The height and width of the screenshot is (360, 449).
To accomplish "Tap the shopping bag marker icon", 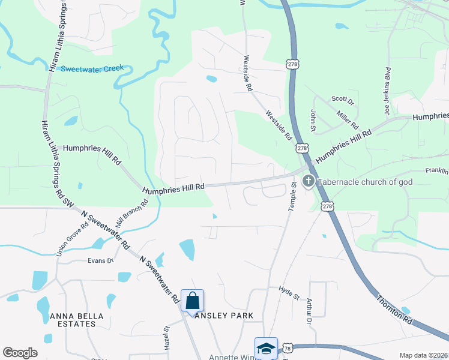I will [x=193, y=300].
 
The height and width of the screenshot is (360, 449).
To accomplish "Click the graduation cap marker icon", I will [x=266, y=348].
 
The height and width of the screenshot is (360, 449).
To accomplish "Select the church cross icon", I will [x=308, y=181].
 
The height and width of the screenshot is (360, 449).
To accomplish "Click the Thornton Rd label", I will [x=394, y=310].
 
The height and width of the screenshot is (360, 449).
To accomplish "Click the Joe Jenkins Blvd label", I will [x=387, y=91].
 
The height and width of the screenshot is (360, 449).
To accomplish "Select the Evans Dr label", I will [x=100, y=260].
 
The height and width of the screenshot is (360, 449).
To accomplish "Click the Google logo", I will [x=20, y=353].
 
